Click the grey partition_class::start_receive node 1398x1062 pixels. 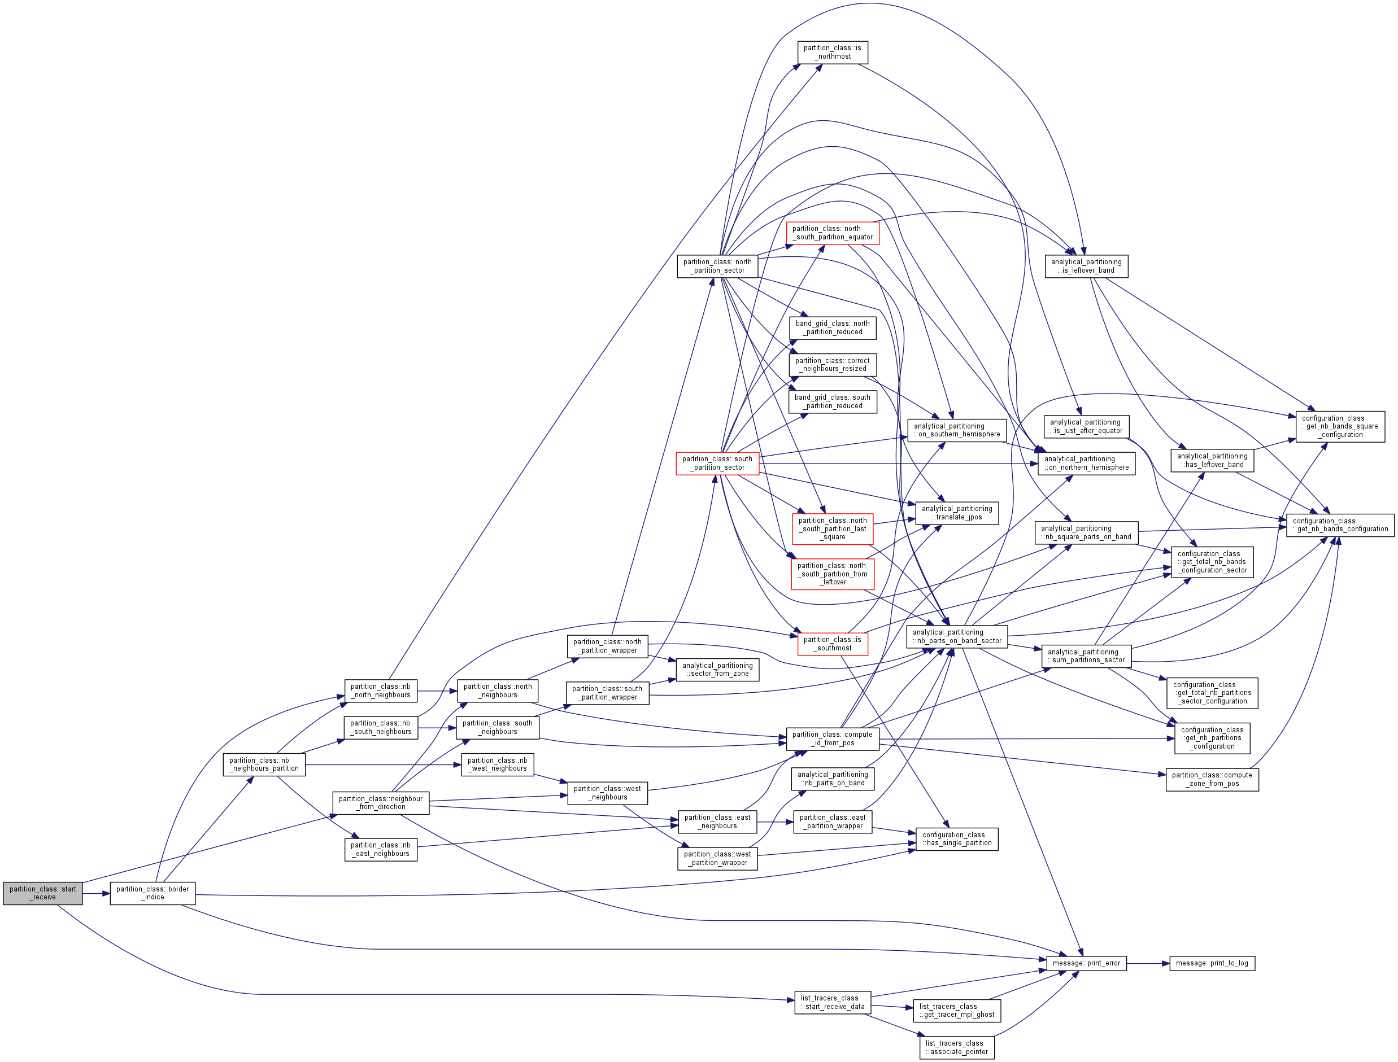pos(42,893)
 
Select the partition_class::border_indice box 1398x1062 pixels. pos(153,893)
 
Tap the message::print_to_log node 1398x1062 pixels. pos(1212,963)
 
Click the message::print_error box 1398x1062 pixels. pos(1086,963)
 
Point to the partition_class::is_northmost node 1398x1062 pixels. pos(832,53)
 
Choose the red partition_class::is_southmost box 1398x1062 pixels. pos(832,644)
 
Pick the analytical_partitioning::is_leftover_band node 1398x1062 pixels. pos(1086,266)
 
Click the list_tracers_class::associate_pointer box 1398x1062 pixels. pos(957,1047)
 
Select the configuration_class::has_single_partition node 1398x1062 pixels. pos(957,839)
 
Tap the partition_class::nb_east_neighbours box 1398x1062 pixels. pos(381,849)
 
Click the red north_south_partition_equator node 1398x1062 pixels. pos(832,233)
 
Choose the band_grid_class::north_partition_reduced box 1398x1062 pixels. pos(832,327)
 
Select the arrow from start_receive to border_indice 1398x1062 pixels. pos(96,893)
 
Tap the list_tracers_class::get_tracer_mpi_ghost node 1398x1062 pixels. pos(957,1011)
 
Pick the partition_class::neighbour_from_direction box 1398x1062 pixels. pos(381,803)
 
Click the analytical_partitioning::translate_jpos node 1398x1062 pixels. pos(957,513)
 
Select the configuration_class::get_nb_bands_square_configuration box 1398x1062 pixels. pos(1340,426)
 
